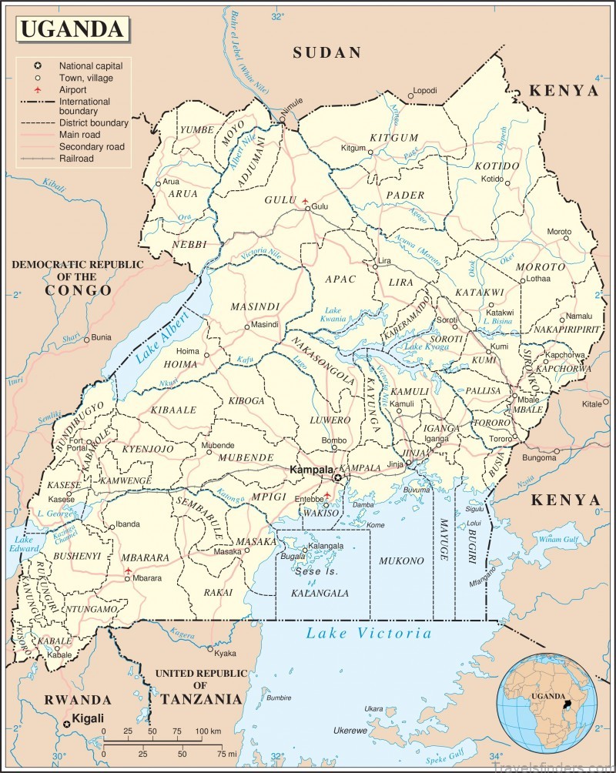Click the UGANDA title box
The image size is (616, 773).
click(71, 28)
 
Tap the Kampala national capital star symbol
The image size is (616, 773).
click(337, 478)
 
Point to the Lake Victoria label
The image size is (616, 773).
click(369, 633)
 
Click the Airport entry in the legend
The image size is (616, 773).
click(77, 90)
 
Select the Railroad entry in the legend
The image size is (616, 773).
click(76, 158)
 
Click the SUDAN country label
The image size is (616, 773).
click(326, 53)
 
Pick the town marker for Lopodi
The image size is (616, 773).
click(410, 92)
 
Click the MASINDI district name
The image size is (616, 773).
click(253, 306)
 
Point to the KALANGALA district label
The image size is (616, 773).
click(320, 593)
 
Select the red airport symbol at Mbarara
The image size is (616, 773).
click(128, 572)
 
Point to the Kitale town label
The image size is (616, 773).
click(591, 403)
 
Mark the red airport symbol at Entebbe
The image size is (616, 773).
click(326, 495)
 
